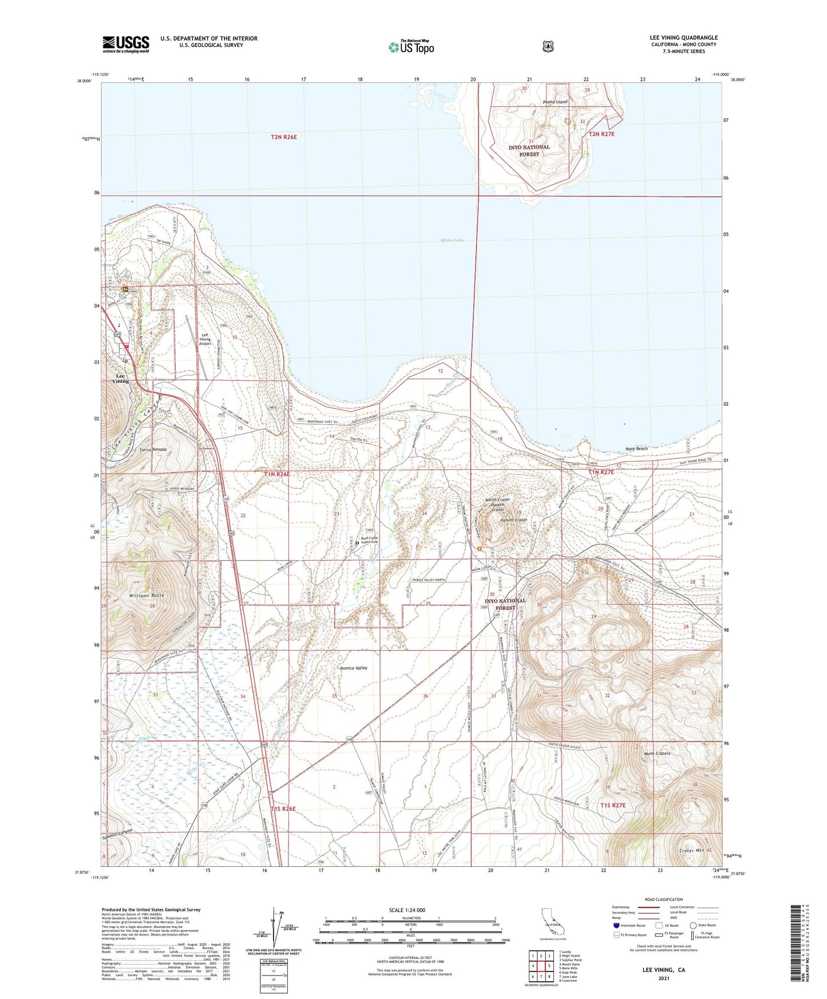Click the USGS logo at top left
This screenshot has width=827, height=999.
pyautogui.click(x=125, y=44)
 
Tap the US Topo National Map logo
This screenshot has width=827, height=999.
pyautogui.click(x=411, y=46)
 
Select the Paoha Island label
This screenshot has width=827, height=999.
pyautogui.click(x=555, y=102)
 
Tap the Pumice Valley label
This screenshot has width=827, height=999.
pyautogui.click(x=354, y=668)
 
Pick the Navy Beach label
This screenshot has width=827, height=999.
pyautogui.click(x=636, y=449)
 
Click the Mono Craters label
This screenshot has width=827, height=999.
pyautogui.click(x=656, y=754)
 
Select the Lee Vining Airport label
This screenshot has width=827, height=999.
pyautogui.click(x=205, y=340)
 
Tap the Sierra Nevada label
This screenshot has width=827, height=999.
pyautogui.click(x=153, y=450)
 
